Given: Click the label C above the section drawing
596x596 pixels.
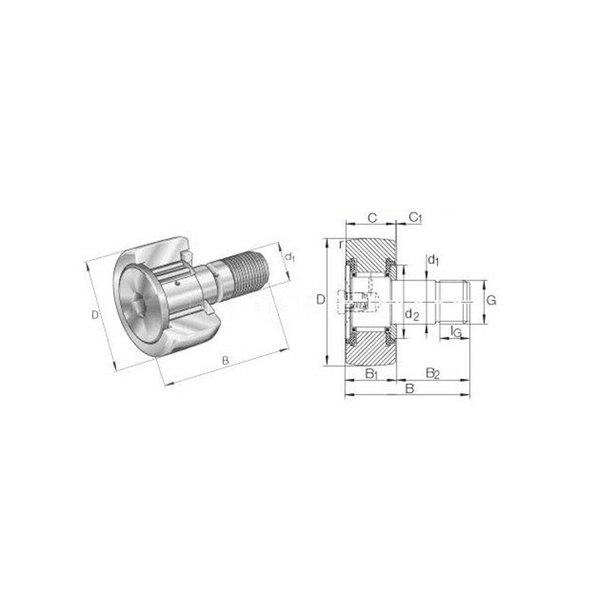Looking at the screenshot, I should click(x=372, y=217).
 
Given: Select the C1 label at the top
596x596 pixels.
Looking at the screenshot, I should click(x=415, y=217).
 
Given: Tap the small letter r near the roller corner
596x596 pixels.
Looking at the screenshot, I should click(x=341, y=244).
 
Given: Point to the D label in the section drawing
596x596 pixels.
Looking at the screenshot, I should click(x=321, y=299).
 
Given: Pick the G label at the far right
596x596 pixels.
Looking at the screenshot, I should click(x=491, y=300).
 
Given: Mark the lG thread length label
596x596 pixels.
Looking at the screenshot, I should click(x=455, y=331).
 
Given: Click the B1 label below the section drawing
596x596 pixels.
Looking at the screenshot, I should click(x=372, y=373).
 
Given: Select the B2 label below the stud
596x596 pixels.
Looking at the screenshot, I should click(x=433, y=373).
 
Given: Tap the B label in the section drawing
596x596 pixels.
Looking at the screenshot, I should click(x=409, y=388).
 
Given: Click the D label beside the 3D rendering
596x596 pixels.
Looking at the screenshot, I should click(x=94, y=315).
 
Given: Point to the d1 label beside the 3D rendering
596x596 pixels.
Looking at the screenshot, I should click(x=290, y=257).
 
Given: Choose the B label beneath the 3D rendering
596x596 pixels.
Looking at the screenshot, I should click(x=225, y=361).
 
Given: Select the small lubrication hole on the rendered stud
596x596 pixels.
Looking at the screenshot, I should click(x=177, y=284).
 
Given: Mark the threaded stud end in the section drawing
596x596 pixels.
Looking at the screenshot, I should click(x=454, y=302).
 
